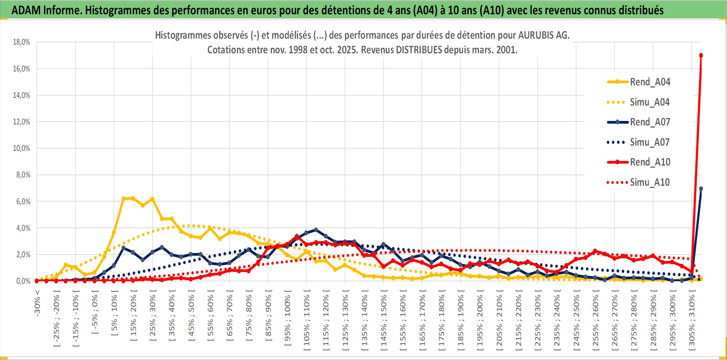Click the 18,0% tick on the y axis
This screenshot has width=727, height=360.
22,42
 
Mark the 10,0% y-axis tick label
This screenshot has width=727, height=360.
22,148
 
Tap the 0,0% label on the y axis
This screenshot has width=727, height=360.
23,281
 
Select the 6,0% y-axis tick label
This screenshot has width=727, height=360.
23,201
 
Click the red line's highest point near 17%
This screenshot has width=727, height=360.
701,55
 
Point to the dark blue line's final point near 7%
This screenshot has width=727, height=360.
701,189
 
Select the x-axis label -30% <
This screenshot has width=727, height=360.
37,303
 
